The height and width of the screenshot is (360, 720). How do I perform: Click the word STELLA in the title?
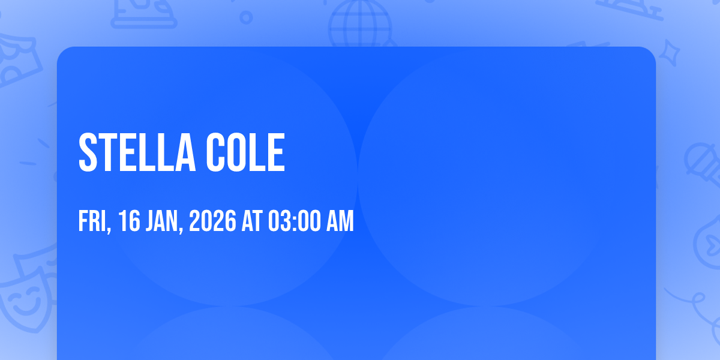[x=137, y=152]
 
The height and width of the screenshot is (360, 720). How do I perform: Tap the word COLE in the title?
[x=245, y=152]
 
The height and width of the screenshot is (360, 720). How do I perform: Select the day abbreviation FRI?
[x=92, y=221]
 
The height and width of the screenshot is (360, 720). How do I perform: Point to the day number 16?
[x=129, y=221]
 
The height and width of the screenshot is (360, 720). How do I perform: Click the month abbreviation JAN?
[x=161, y=221]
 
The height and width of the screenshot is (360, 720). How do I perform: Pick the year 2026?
[x=212, y=221]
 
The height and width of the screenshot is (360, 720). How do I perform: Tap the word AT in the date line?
[x=252, y=221]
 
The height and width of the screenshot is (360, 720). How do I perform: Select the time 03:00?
[x=295, y=221]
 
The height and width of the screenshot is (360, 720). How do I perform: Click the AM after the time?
[x=340, y=221]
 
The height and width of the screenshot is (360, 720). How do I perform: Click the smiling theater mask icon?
[x=28, y=299]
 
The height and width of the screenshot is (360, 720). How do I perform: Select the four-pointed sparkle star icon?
[x=669, y=53]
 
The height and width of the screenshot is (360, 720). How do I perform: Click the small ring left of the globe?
[x=246, y=17]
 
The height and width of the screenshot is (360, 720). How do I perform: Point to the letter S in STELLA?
[x=88, y=152]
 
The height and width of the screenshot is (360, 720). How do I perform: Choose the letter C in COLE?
[x=215, y=152]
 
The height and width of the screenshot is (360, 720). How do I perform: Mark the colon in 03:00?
[x=295, y=222]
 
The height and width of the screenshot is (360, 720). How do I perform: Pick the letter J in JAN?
[x=149, y=221]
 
